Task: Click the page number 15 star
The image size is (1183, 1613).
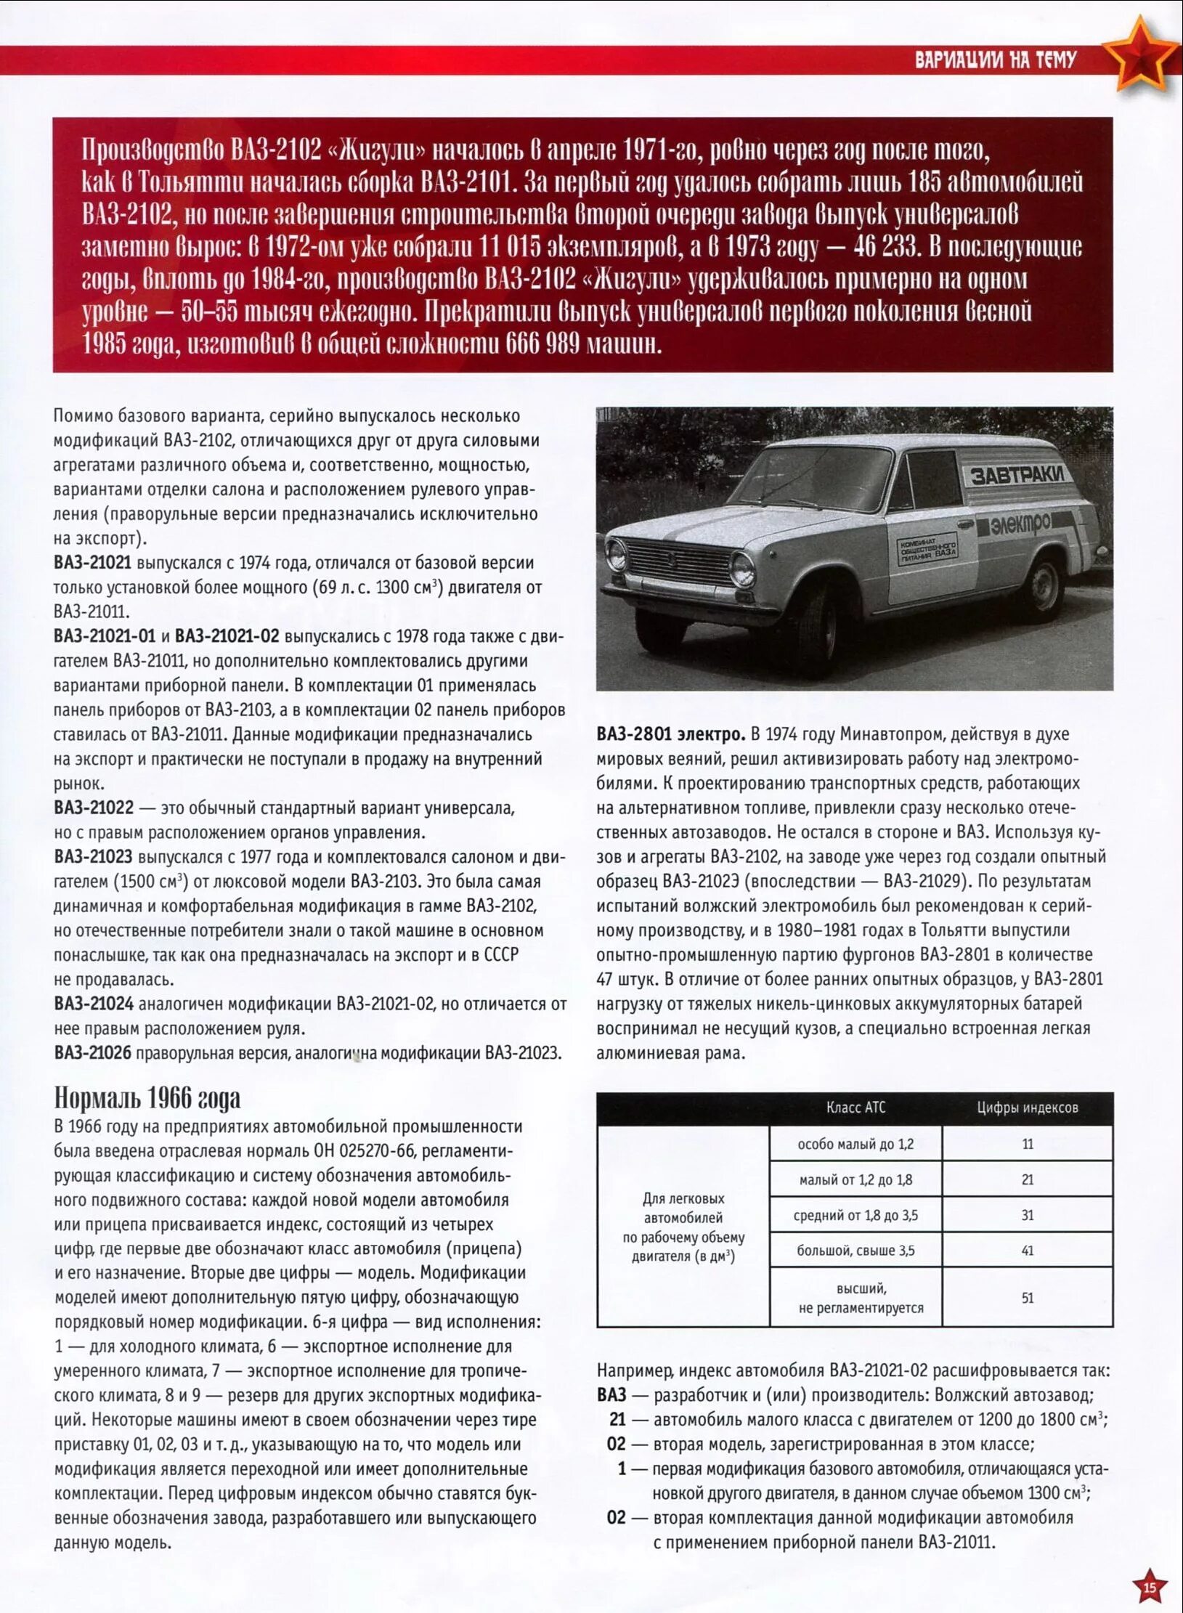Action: (x=1149, y=1587)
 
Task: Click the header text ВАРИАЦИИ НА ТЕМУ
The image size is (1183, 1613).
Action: (x=995, y=60)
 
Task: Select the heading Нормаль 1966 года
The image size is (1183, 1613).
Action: (x=147, y=1098)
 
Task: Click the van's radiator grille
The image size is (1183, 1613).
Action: (x=678, y=562)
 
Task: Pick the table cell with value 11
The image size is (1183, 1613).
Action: (x=1027, y=1144)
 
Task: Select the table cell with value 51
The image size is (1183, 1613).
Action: (x=1027, y=1298)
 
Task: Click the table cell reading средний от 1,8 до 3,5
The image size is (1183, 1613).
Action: (x=855, y=1215)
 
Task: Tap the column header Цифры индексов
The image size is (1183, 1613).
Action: (x=1027, y=1108)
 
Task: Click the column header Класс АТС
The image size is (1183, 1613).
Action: (x=855, y=1108)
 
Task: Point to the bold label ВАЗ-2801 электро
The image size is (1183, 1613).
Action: (x=670, y=734)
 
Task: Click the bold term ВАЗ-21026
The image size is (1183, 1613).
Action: (x=93, y=1053)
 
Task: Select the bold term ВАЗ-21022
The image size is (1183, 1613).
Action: (x=94, y=808)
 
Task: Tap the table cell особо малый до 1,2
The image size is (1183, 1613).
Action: (x=855, y=1144)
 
